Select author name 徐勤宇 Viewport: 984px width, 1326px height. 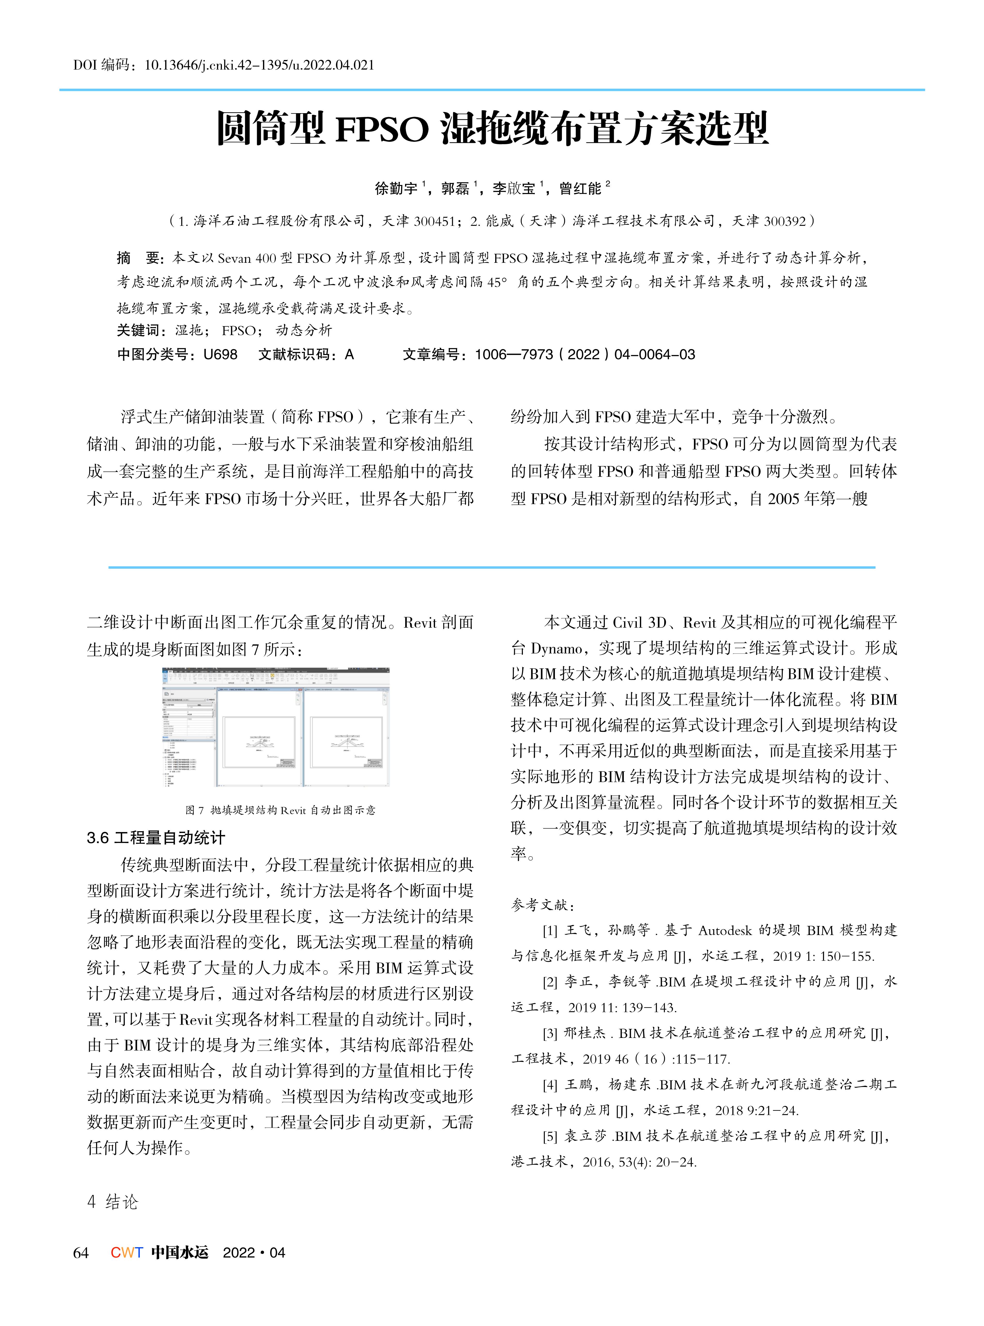pyautogui.click(x=396, y=189)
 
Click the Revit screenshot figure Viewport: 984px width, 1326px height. pyautogui.click(x=276, y=727)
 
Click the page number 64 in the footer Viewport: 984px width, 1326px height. pyautogui.click(x=81, y=1253)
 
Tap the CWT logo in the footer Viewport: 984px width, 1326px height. pyautogui.click(x=126, y=1253)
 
